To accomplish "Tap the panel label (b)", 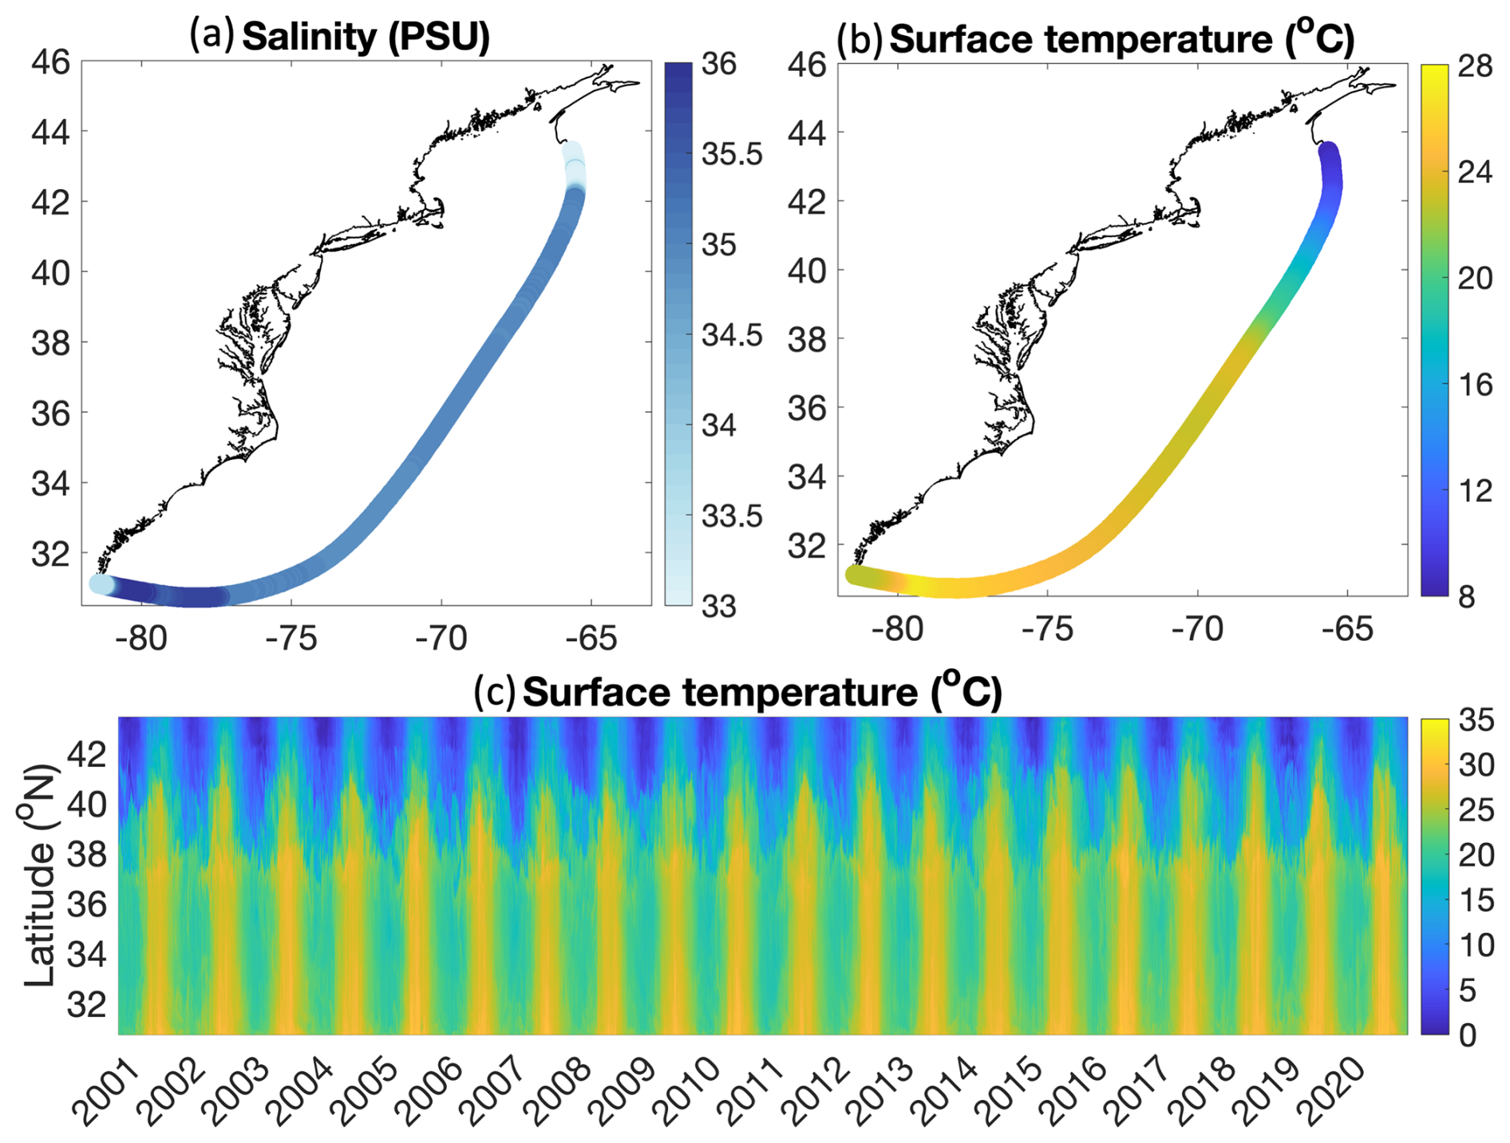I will tap(860, 38).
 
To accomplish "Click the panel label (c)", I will tap(495, 691).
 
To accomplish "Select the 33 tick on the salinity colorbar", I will tap(719, 607).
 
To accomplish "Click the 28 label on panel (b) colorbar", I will tap(1474, 66).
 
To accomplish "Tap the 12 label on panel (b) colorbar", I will tap(1473, 490).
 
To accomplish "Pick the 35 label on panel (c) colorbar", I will tap(1476, 720).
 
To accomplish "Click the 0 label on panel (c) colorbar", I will tap(1467, 1035).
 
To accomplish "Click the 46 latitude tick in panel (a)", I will tap(50, 61).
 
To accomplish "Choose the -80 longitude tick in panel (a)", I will tap(141, 638).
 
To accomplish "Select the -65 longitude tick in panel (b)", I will tap(1347, 629).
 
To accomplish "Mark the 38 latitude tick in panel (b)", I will tap(807, 340).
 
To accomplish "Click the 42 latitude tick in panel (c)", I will tap(86, 753).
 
